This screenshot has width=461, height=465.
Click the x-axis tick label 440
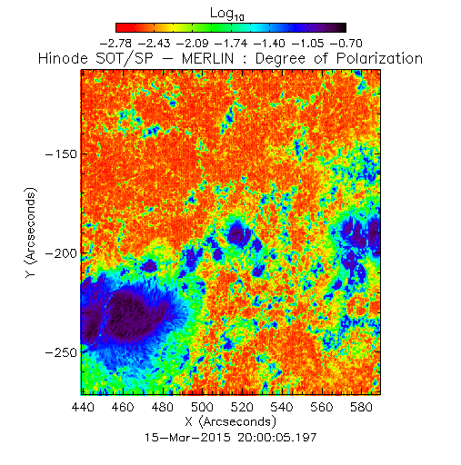[83, 407]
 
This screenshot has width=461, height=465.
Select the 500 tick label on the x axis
[202, 407]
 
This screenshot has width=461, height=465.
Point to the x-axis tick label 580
[361, 407]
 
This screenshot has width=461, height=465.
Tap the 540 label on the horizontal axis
[282, 407]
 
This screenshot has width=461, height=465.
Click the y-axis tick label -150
[61, 154]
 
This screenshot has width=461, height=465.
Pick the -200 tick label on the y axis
[61, 253]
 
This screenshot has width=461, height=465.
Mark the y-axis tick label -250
[61, 352]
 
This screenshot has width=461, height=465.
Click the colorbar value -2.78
[115, 44]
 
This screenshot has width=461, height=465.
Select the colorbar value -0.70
[346, 44]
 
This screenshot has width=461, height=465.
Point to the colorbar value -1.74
[231, 44]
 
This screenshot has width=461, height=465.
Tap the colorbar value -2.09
[193, 44]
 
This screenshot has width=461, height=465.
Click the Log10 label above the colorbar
[227, 14]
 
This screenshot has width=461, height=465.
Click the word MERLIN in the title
[207, 58]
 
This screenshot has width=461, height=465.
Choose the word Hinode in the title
[63, 58]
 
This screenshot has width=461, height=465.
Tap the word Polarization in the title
[379, 58]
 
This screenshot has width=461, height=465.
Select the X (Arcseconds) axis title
[231, 421]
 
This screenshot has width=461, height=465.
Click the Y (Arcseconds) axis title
[31, 232]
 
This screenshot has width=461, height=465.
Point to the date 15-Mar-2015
[187, 438]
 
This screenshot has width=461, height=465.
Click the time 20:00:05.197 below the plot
[277, 438]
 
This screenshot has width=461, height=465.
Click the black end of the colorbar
[343, 27]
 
